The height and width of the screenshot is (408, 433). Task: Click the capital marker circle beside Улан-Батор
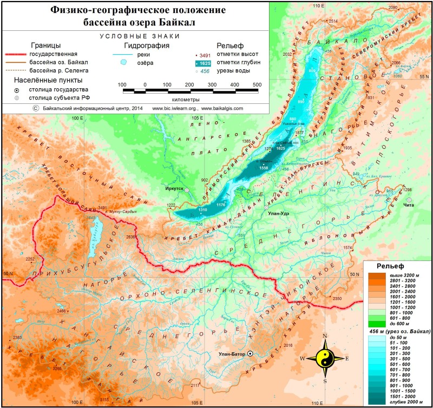click(x=250, y=354)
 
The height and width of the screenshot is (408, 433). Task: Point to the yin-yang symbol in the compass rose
click(x=325, y=358)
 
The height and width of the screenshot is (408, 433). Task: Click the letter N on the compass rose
click(x=325, y=336)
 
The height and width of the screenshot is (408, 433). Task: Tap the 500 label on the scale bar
click(x=257, y=84)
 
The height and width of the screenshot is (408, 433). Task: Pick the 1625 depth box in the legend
click(x=204, y=63)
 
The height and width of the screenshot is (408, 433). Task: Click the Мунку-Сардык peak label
click(x=121, y=212)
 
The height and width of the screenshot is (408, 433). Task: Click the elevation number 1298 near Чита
click(x=408, y=190)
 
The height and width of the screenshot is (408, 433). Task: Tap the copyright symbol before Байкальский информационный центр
click(x=36, y=108)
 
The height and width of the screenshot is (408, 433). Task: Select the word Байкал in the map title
click(x=178, y=22)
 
